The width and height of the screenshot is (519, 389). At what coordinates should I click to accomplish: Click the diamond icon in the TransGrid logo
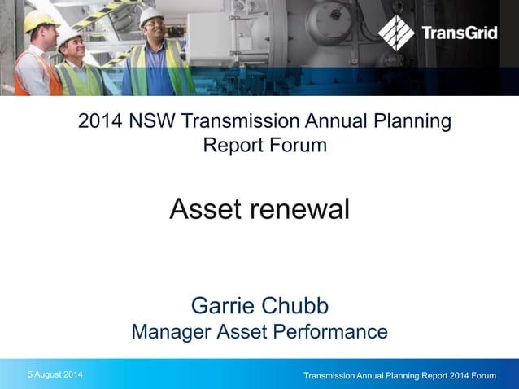click(397, 33)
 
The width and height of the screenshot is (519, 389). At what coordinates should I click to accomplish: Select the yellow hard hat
click(39, 21)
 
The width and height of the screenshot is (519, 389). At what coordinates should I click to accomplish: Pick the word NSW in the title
click(150, 122)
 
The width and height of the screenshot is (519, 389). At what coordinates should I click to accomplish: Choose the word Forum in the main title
click(299, 146)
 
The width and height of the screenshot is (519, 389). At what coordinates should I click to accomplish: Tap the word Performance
click(332, 332)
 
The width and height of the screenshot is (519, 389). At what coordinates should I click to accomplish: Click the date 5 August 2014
click(55, 374)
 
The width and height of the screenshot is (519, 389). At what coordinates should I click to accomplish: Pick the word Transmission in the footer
click(334, 375)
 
